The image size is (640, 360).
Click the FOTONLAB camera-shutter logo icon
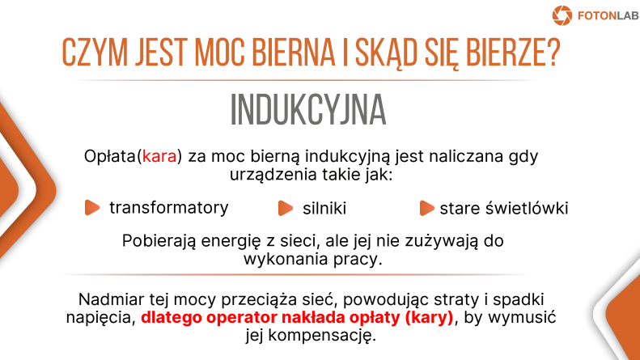coord(562,15)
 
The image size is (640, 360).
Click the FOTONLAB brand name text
coord(608,16)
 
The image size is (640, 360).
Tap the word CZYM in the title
coord(95,53)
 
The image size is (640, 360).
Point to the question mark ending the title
coord(554,53)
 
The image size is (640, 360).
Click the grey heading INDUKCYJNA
coord(308,110)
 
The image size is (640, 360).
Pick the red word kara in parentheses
coord(159,156)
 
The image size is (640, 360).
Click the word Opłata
coord(109,156)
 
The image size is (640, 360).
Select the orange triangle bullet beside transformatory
coord(92,207)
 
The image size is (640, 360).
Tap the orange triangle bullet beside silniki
coord(286,208)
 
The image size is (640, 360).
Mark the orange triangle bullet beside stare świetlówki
coord(426,208)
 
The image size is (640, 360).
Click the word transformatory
coord(168,207)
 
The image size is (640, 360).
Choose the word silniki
coord(324,208)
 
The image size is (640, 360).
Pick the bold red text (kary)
coord(429,318)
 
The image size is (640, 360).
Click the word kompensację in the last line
coord(321,336)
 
